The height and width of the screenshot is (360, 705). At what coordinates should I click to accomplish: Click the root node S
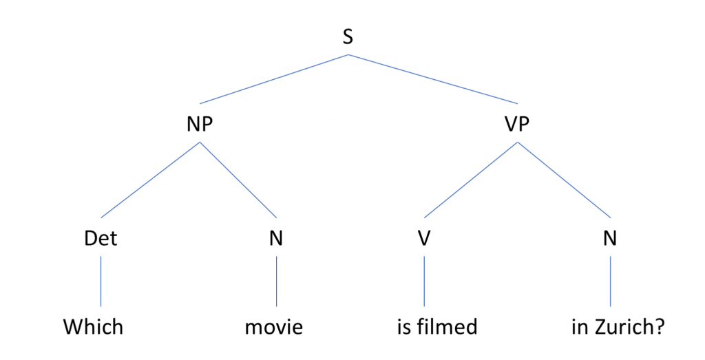pos(348,37)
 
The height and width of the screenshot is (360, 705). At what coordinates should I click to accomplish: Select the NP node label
pos(200,124)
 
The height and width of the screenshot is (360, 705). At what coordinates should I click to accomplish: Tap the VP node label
pos(517,124)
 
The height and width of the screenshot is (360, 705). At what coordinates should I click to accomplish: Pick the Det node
pos(101,238)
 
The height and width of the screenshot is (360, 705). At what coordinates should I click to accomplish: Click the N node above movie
pos(276,238)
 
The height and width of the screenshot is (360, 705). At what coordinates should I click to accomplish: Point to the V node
pos(424,238)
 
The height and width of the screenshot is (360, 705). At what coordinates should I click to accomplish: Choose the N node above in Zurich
pos(610,238)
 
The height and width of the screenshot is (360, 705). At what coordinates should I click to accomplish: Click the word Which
pos(93,327)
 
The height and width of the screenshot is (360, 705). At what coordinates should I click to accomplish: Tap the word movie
pos(274,327)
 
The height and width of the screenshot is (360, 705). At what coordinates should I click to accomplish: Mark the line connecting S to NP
pos(274,79)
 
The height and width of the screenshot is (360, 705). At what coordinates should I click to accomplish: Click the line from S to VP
pos(432,79)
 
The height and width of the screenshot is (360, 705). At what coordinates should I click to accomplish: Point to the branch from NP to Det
pos(150,180)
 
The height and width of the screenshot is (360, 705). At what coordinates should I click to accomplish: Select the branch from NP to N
pos(238,180)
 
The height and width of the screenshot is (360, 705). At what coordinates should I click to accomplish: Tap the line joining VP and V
pos(471,180)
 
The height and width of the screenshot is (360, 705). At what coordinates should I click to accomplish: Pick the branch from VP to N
pos(564,180)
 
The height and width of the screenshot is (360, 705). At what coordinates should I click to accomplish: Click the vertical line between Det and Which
pos(101,282)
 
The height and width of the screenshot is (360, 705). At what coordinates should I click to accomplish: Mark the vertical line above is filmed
pos(424,282)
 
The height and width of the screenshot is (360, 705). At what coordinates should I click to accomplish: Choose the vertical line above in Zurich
pos(610,282)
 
